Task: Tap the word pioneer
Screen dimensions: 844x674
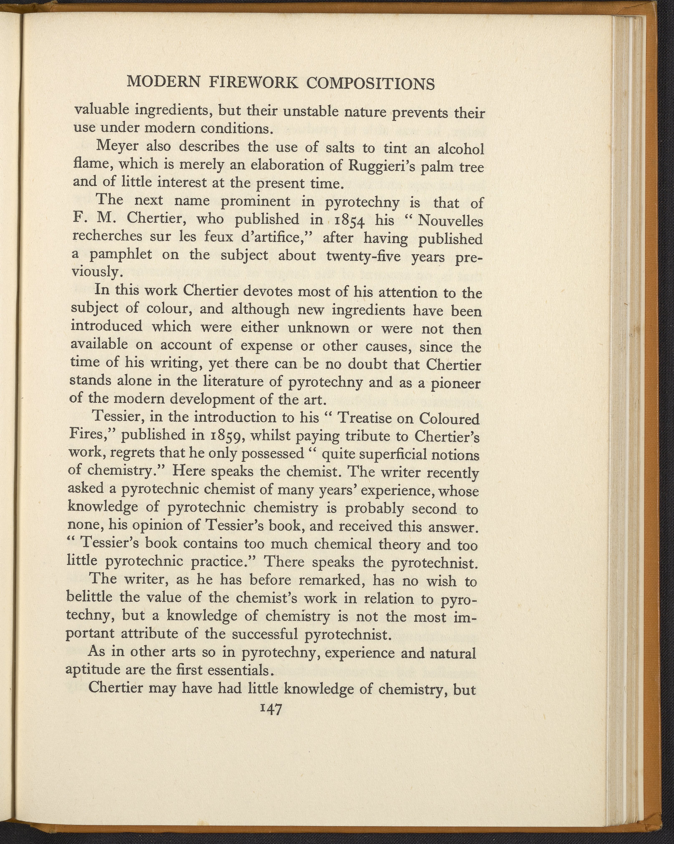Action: (455, 383)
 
